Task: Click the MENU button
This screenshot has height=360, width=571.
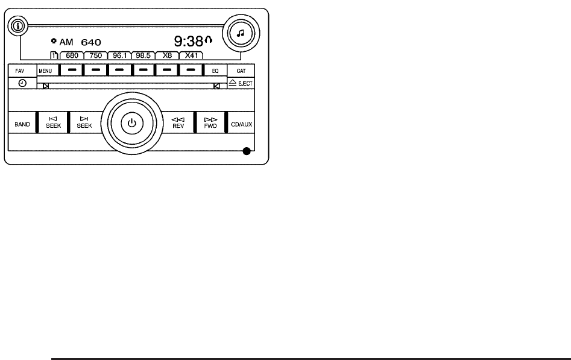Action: pos(45,70)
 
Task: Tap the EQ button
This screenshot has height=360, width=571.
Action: pos(215,70)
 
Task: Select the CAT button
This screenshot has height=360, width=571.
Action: pos(241,70)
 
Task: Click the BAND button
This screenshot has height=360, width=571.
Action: pos(22,124)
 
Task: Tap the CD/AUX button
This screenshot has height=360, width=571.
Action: pos(241,124)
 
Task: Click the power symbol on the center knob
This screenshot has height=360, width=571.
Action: pos(132,124)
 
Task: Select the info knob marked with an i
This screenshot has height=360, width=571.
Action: pos(19,26)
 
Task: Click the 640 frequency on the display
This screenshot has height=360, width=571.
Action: pos(91,43)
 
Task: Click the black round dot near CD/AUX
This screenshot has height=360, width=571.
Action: pos(246,151)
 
